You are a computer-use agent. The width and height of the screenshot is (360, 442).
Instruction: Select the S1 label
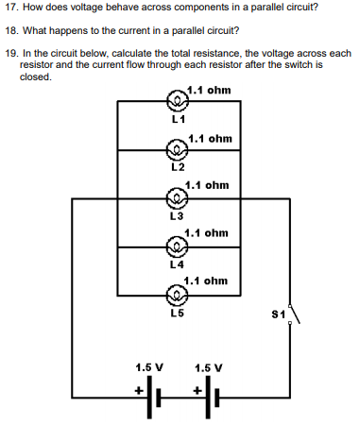278,313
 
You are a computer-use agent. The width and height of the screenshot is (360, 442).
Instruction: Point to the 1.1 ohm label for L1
209,91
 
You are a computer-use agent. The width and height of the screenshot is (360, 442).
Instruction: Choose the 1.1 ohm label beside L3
207,185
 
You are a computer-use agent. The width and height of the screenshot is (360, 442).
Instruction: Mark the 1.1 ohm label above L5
205,280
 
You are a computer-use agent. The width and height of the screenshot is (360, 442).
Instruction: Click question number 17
11,8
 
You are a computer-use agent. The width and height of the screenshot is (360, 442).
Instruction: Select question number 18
11,30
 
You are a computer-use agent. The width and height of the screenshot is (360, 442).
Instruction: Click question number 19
11,53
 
